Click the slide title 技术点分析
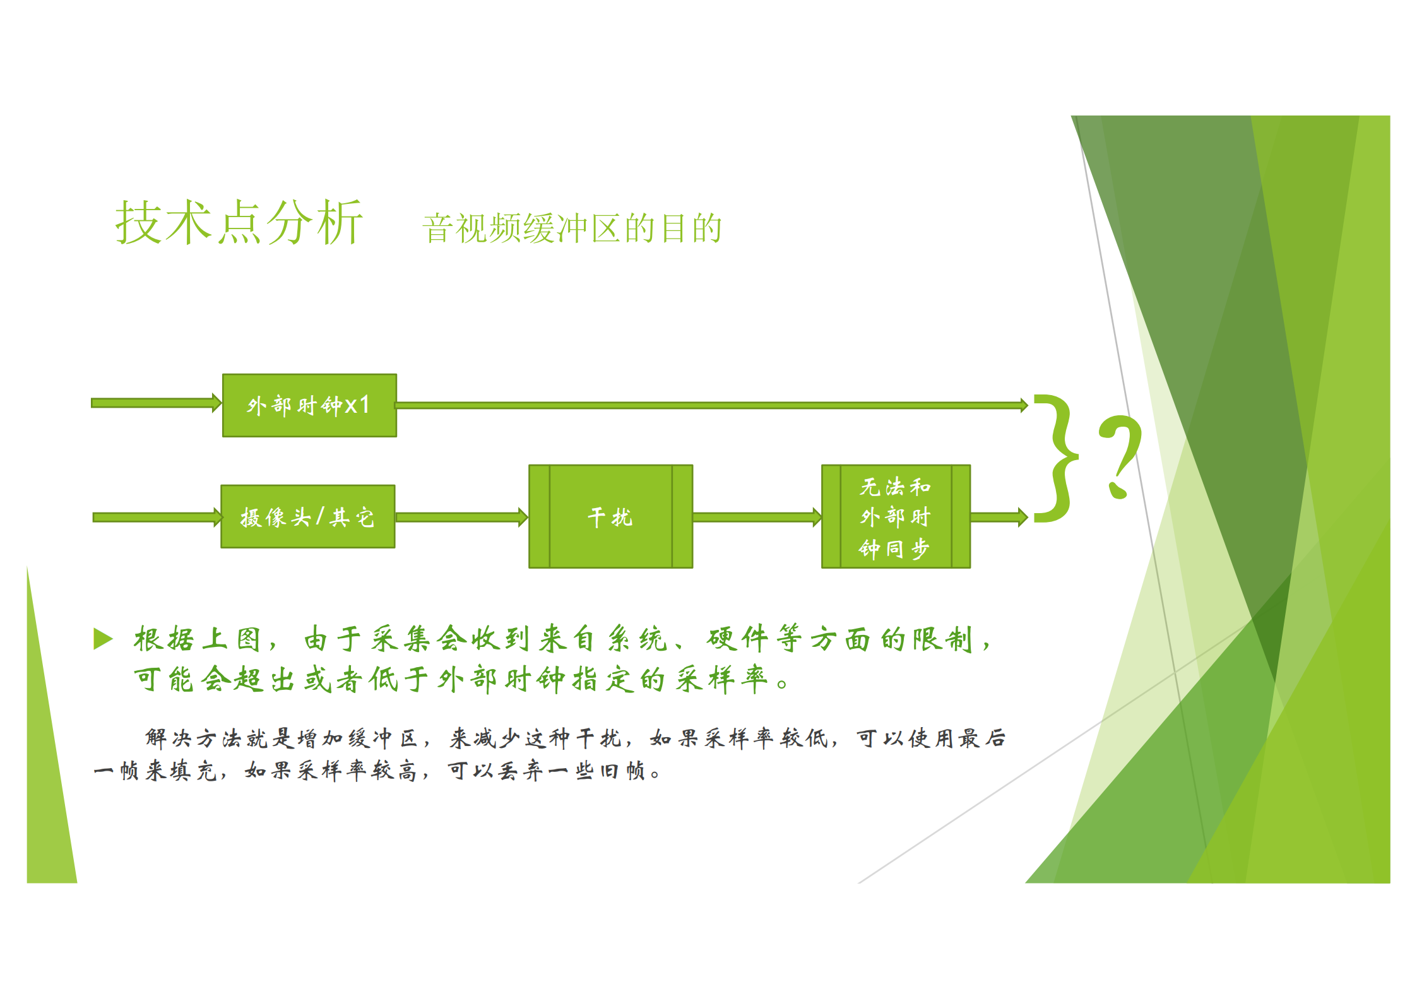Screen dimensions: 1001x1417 click(x=239, y=222)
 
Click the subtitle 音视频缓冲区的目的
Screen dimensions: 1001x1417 click(x=572, y=228)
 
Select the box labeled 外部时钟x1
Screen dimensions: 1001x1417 click(x=309, y=405)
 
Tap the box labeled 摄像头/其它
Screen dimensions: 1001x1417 click(x=308, y=517)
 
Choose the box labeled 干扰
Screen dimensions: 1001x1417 click(x=610, y=517)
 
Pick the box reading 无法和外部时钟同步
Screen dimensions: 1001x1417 click(x=895, y=517)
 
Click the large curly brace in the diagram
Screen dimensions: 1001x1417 click(x=1055, y=459)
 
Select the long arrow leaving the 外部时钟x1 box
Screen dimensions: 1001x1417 click(x=710, y=405)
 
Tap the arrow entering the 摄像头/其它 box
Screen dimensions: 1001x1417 click(x=157, y=518)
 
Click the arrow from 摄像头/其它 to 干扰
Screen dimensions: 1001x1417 click(x=461, y=518)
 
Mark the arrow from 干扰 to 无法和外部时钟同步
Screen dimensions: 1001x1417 click(x=756, y=518)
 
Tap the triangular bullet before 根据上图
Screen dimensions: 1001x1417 click(x=103, y=638)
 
